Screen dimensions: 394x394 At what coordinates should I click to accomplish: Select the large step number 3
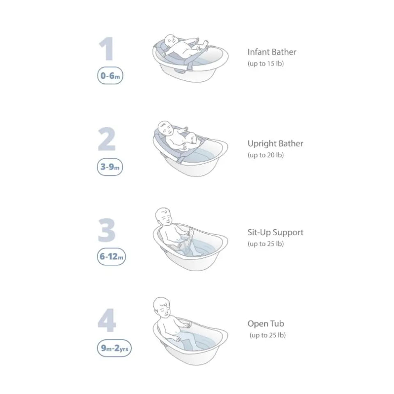coord(107,230)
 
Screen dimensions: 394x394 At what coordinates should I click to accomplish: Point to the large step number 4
coord(107,321)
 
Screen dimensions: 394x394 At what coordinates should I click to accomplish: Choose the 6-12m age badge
coord(111,257)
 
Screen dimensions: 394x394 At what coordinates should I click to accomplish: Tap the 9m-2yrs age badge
coord(114,348)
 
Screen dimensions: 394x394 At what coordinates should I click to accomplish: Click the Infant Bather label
coord(272,52)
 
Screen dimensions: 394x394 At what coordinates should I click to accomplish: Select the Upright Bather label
coord(275,144)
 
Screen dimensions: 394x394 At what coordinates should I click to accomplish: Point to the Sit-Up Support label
coord(275,233)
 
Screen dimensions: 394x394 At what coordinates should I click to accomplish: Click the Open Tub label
coord(266,324)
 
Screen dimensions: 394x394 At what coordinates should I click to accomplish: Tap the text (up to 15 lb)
coord(266,64)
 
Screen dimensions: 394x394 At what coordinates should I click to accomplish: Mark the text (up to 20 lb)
coord(266,155)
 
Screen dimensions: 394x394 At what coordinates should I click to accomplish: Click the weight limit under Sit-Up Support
coord(266,244)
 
